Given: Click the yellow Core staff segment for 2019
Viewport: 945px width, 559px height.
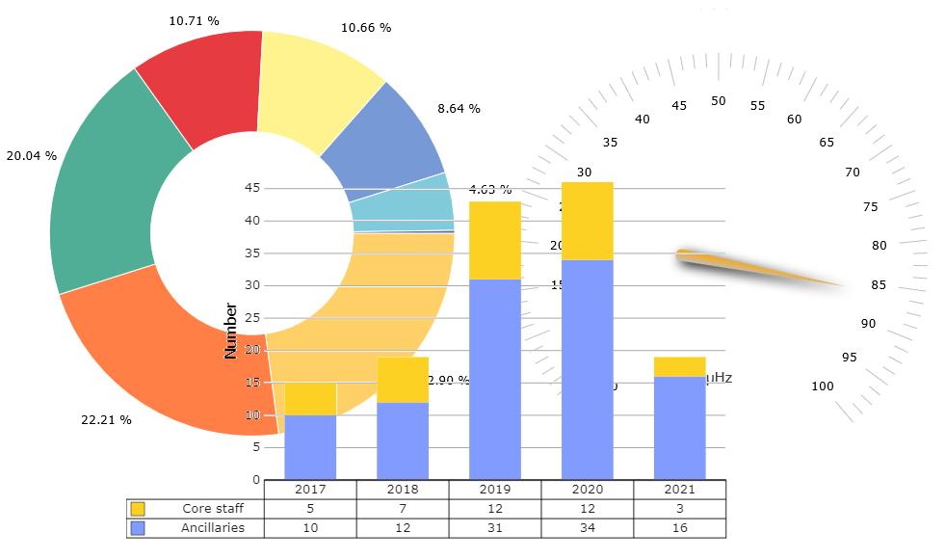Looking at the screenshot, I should click(x=495, y=240).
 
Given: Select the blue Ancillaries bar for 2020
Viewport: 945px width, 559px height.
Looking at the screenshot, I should click(x=587, y=369).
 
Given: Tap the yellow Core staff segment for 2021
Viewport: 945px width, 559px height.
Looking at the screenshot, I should click(x=679, y=366).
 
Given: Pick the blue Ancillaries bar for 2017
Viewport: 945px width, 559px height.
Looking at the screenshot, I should click(x=310, y=447).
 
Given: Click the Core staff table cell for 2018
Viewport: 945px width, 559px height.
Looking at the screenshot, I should click(x=403, y=509).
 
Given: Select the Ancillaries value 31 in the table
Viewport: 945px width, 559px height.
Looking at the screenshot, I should click(x=495, y=528).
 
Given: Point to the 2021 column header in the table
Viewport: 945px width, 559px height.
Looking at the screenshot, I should click(x=679, y=490).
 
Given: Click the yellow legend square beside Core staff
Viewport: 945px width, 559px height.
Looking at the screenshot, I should click(x=138, y=509).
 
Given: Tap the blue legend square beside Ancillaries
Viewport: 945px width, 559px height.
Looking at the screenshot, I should click(x=138, y=528).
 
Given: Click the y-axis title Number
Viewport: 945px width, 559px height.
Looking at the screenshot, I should click(x=231, y=331).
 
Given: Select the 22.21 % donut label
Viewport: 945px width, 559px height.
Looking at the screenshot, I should click(x=107, y=420).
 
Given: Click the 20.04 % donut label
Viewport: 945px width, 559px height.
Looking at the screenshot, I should click(x=32, y=155).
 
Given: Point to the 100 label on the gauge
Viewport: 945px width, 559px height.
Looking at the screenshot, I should click(x=822, y=387).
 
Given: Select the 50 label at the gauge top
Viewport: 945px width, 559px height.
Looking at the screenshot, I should click(x=719, y=101).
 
